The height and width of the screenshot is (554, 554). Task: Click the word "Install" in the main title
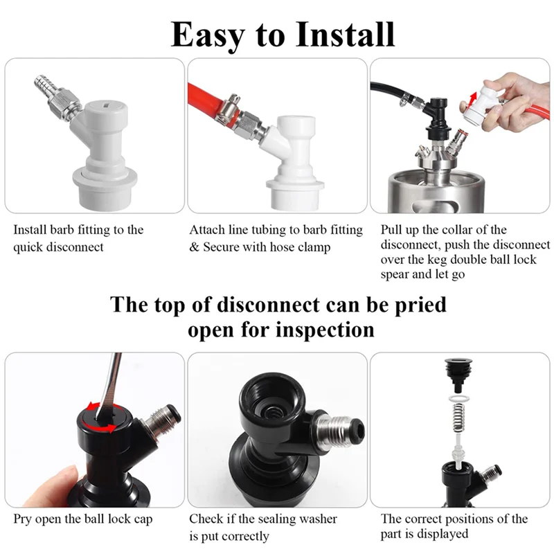pos(345,34)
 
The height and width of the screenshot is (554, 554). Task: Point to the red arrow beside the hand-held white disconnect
pos(472,100)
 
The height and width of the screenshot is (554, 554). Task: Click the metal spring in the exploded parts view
pos(458,419)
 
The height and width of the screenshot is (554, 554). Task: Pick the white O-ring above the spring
pos(459,399)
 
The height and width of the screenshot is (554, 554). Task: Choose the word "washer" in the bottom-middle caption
pos(318,519)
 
